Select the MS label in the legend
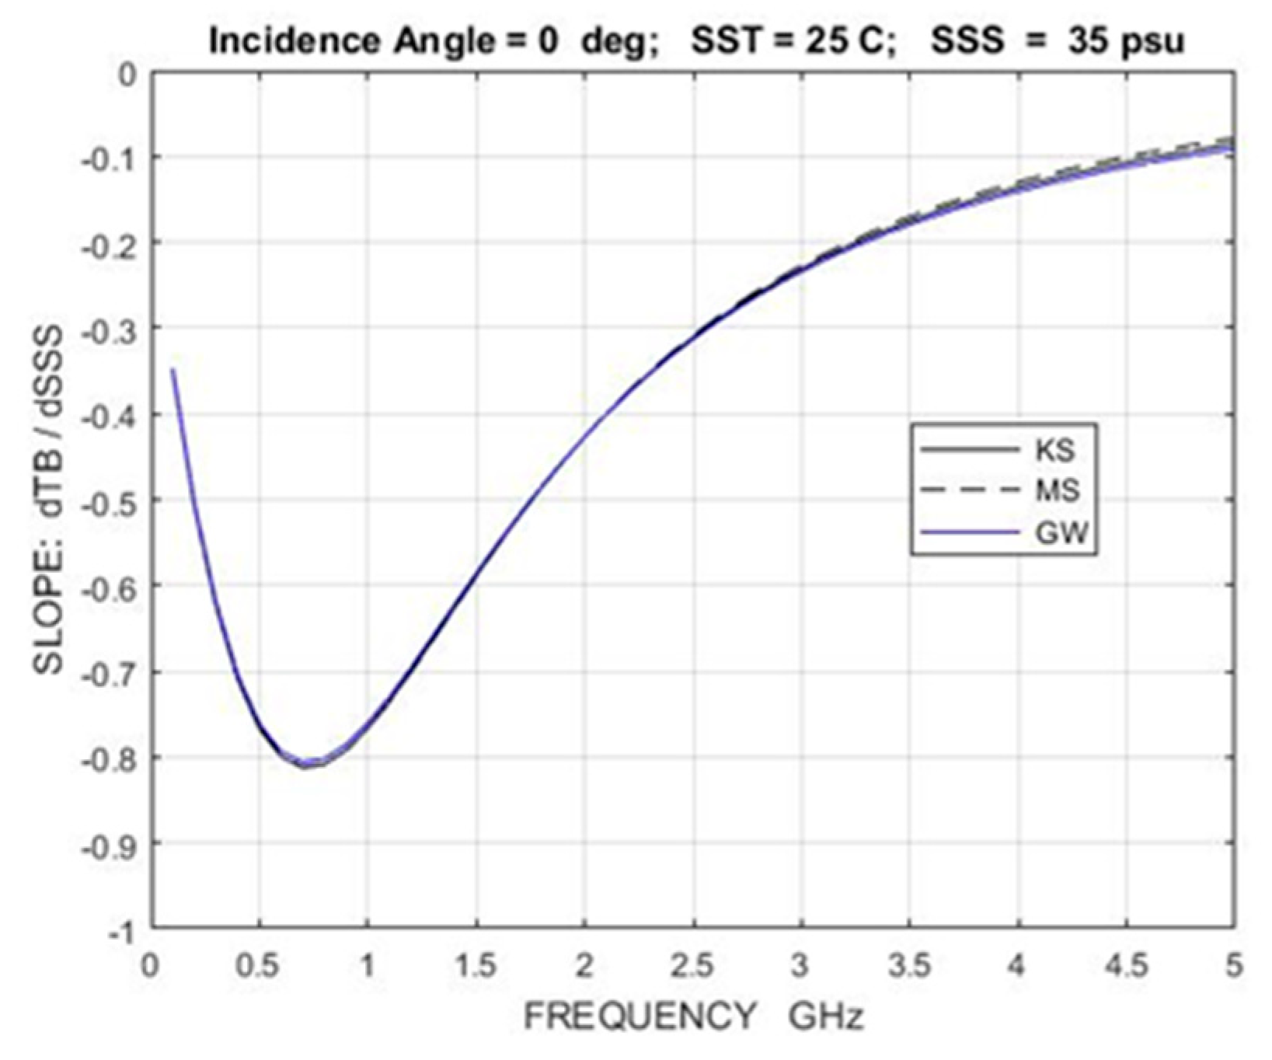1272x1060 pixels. point(1058,490)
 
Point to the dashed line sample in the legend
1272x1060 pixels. point(969,490)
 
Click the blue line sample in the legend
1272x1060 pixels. point(969,533)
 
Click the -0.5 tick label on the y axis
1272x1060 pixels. point(113,500)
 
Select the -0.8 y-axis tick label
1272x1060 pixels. point(113,757)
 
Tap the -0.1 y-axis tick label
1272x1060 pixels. point(113,157)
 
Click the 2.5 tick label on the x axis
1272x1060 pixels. point(692,966)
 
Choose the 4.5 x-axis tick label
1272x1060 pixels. point(1126,966)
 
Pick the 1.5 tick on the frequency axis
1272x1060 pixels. point(476,966)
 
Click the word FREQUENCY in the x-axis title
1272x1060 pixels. point(639,1016)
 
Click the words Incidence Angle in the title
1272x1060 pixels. point(341,41)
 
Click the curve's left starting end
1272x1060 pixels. point(173,371)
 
